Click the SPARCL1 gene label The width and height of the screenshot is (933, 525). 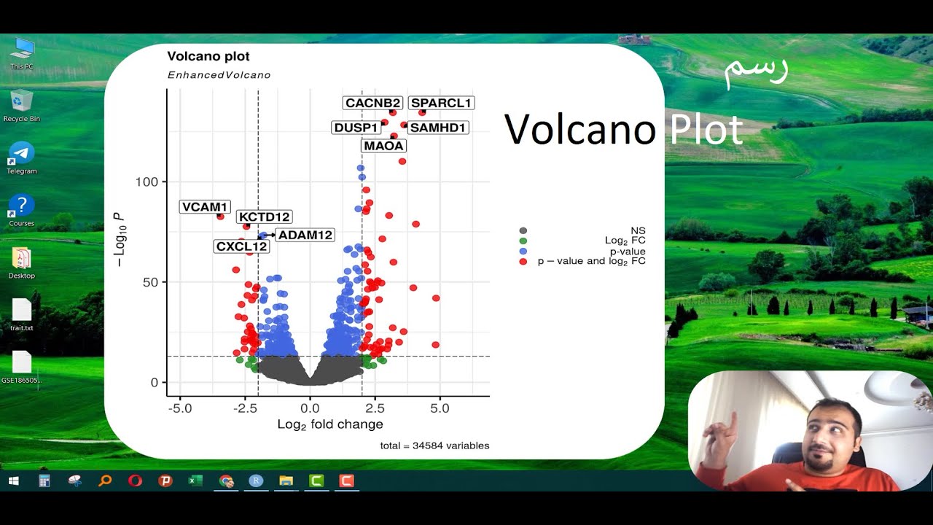pos(441,103)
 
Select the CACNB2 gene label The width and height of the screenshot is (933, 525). pos(372,103)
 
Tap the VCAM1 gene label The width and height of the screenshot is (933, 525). pos(205,207)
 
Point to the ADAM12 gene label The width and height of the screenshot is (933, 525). pos(305,235)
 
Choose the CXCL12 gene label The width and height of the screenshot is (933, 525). pos(242,246)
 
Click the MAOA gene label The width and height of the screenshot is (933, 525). pos(383,146)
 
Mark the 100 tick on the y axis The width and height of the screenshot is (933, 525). pos(148,182)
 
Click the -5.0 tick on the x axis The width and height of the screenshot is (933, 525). pos(179,408)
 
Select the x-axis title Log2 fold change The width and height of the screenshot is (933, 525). pos(329,424)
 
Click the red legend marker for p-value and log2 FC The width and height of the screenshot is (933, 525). pos(523,261)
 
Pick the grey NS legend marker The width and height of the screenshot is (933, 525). pos(523,230)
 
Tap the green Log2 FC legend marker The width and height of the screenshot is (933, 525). pos(523,241)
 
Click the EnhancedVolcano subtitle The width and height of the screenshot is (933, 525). pos(219,75)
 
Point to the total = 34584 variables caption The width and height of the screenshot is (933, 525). pos(434,446)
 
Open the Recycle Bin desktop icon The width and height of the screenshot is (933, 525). pos(22,101)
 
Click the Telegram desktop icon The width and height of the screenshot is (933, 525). pos(22,154)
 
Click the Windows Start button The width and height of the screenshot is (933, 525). pos(12,481)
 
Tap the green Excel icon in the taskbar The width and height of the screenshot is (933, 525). pos(195,481)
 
